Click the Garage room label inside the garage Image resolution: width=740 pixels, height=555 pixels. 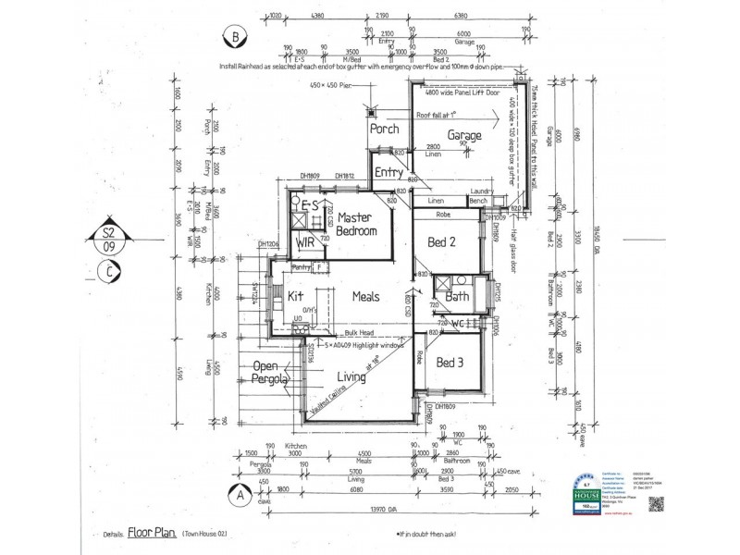464,136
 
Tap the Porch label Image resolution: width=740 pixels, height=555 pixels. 384,129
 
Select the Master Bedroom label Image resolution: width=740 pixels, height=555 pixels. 355,224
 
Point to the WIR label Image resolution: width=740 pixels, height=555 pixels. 305,242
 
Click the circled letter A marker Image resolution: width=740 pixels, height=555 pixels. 239,495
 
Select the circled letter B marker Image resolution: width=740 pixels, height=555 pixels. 235,38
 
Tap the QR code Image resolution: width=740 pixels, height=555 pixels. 657,504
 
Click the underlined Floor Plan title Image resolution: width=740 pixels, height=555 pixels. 151,534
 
